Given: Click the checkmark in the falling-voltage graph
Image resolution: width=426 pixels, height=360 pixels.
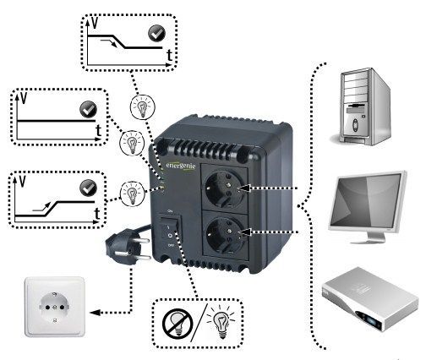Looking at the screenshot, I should pos(156,34).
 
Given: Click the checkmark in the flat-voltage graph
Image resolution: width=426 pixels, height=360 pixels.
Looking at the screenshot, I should pos(86,109).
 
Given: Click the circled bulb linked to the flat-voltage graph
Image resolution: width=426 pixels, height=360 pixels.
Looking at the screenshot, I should pos(132,141).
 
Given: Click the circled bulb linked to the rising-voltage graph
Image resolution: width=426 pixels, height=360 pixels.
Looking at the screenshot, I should pos(131,192).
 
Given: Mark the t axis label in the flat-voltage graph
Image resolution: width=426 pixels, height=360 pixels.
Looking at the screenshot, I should pos(98,131).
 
